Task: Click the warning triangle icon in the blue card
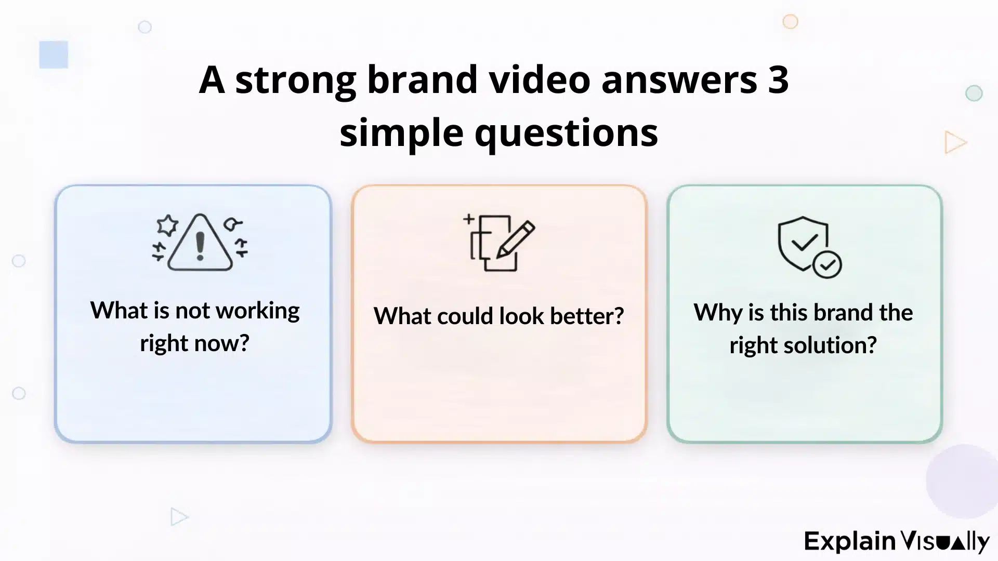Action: pyautogui.click(x=200, y=243)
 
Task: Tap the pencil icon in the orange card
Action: pyautogui.click(x=515, y=240)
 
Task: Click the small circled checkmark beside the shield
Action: pyautogui.click(x=827, y=264)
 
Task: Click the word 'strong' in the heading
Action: pyautogui.click(x=295, y=80)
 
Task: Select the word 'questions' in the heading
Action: pyautogui.click(x=566, y=133)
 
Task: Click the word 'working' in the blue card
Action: pyautogui.click(x=257, y=311)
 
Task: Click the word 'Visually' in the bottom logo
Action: pyautogui.click(x=945, y=541)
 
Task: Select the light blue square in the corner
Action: pyautogui.click(x=54, y=55)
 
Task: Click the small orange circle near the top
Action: pyautogui.click(x=790, y=22)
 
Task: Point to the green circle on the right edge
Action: pyautogui.click(x=974, y=94)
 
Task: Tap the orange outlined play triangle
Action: pyautogui.click(x=954, y=142)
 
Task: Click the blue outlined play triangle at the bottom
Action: pyautogui.click(x=178, y=517)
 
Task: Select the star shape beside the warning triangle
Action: pyautogui.click(x=167, y=225)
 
